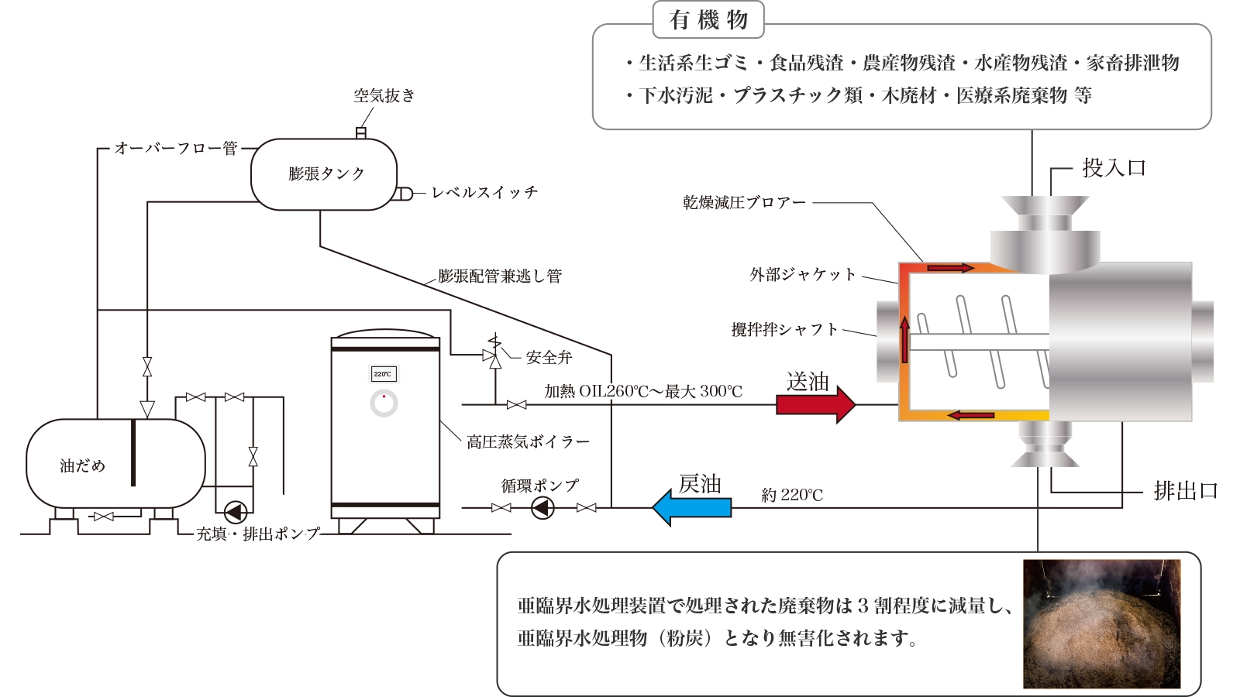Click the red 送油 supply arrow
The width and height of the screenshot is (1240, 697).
click(x=814, y=404)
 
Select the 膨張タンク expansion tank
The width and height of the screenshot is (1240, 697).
click(x=324, y=174)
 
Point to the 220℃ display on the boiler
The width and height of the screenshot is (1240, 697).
click(x=383, y=374)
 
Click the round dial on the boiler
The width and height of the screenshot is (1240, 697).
click(x=384, y=403)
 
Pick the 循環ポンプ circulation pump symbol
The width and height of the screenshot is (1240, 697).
click(x=542, y=508)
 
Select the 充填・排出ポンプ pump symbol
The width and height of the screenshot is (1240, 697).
click(x=235, y=512)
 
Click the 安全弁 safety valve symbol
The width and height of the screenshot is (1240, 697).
click(x=494, y=355)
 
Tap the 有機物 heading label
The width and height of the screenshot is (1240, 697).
click(x=708, y=20)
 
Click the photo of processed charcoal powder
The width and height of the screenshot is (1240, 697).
click(x=1101, y=623)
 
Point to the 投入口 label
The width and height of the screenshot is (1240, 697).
click(x=1114, y=168)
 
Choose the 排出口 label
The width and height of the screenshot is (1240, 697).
click(x=1185, y=491)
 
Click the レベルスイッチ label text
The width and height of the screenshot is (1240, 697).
click(x=484, y=193)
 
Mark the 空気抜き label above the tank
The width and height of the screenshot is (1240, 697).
click(x=384, y=96)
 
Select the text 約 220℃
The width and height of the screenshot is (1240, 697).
click(x=792, y=495)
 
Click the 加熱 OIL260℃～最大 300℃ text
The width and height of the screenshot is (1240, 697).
click(x=643, y=392)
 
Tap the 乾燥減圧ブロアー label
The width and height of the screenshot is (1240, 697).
click(x=744, y=203)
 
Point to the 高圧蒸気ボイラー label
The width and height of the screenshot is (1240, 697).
click(x=528, y=442)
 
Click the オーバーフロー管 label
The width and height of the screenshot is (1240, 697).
click(x=176, y=148)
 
